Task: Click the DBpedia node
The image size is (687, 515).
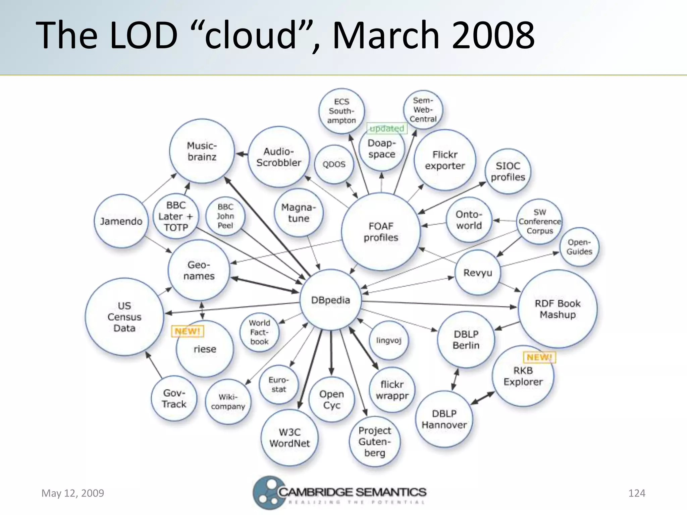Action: click(330, 300)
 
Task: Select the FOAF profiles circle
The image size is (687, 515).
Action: click(381, 232)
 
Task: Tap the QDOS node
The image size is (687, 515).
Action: click(334, 164)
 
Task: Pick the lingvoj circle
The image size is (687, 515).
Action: click(388, 340)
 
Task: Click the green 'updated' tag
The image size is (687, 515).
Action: click(387, 128)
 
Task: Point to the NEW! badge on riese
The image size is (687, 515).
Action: click(188, 331)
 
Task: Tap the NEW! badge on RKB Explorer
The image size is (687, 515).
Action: click(539, 357)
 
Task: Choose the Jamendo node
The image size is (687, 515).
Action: click(121, 221)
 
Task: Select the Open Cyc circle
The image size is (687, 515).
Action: click(331, 399)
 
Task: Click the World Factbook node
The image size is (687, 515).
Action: click(259, 332)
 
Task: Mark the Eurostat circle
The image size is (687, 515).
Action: click(278, 385)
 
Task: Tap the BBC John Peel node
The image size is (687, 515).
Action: click(225, 216)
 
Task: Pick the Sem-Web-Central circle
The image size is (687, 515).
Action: click(423, 110)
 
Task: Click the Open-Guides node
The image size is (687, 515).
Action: click(579, 247)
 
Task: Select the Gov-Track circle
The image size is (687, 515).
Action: click(174, 398)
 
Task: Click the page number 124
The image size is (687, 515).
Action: click(636, 493)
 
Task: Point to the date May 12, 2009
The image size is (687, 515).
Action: click(73, 493)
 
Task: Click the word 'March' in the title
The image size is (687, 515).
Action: click(386, 35)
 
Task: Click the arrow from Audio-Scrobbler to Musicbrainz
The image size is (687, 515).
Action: click(242, 154)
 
